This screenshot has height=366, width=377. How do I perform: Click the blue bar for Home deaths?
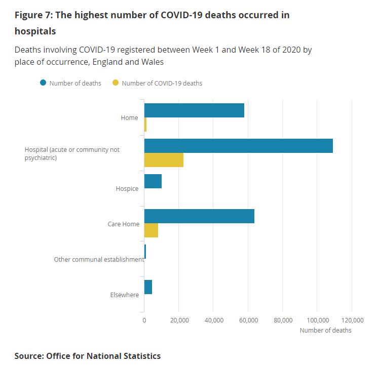tap(194, 110)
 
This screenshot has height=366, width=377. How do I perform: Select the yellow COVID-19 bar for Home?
tap(145, 125)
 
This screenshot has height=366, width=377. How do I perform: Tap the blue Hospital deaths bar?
tap(238, 146)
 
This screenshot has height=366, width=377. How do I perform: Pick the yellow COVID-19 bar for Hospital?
tap(164, 160)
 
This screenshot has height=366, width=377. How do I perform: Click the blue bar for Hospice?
tap(153, 181)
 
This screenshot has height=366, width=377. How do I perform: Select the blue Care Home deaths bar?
tap(199, 216)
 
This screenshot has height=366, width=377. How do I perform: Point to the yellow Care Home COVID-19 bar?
tap(151, 230)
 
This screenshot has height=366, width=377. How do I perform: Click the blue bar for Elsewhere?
tap(148, 287)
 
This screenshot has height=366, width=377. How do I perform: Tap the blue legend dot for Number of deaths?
tap(44, 83)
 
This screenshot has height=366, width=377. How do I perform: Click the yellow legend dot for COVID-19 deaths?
tap(116, 83)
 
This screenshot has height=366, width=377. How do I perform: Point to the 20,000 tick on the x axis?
tap(179, 320)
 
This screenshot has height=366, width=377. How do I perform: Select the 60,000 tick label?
tap(248, 320)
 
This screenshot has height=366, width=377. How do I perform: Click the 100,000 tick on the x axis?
tap(317, 320)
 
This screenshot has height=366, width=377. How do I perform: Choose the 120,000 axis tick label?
tap(352, 320)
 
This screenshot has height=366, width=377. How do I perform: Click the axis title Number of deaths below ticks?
tap(325, 330)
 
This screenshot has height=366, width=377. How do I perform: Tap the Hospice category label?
tap(127, 189)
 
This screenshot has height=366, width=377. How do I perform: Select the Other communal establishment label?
tap(99, 260)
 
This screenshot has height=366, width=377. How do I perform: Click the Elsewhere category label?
tap(124, 295)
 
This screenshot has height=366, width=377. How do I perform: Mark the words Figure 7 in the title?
tap(32, 15)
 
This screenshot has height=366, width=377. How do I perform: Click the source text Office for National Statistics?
tap(103, 356)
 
